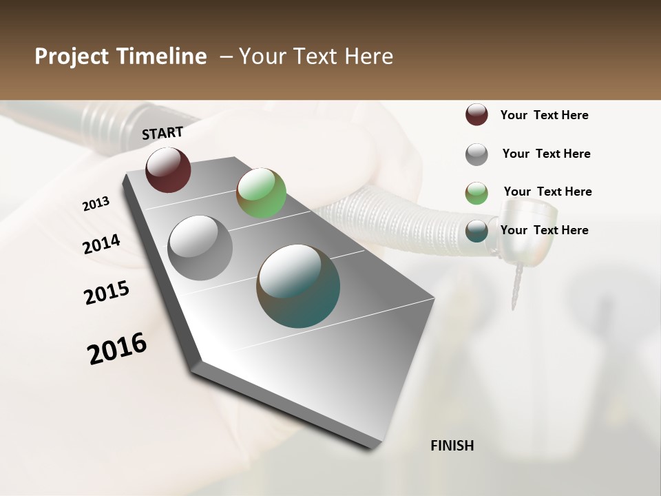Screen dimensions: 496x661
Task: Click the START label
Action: tap(162, 133)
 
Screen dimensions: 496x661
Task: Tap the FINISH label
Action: tap(452, 446)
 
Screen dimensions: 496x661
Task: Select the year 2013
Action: tap(96, 204)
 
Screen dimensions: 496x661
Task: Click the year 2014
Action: tap(101, 244)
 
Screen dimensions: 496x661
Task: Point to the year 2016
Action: tap(117, 349)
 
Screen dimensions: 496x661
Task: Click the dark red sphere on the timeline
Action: tap(168, 169)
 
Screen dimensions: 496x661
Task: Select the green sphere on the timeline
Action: tap(261, 193)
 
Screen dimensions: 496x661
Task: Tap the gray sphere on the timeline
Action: tap(200, 248)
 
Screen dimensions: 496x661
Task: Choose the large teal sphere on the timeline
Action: tap(298, 286)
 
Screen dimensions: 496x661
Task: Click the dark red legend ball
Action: tap(476, 115)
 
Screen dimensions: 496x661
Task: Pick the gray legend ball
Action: tap(476, 154)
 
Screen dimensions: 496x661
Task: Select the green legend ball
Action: tap(476, 193)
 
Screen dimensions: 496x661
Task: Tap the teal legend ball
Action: tap(476, 231)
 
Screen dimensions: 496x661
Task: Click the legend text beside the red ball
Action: tap(544, 115)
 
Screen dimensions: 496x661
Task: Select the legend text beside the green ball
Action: tap(547, 192)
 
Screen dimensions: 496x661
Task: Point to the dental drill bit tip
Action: tap(514, 303)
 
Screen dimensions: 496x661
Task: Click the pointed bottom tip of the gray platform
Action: tap(373, 448)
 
